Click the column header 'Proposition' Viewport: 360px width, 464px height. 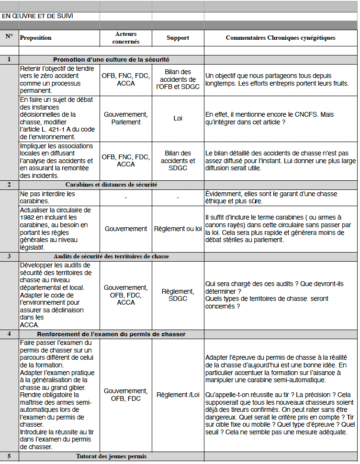pyautogui.click(x=36, y=38)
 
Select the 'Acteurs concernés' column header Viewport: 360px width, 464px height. pyautogui.click(x=126, y=38)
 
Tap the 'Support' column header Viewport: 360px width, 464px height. pyautogui.click(x=178, y=38)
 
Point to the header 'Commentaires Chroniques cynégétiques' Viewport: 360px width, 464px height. pyautogui.click(x=281, y=38)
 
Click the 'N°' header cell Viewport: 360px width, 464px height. pyautogui.click(x=9, y=36)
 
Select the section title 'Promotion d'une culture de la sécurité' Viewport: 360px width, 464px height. pyautogui.click(x=111, y=60)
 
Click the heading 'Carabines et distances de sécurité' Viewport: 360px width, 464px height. pyautogui.click(x=111, y=185)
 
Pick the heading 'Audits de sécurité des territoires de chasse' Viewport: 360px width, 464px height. pyautogui.click(x=111, y=257)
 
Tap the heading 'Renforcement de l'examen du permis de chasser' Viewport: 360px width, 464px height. pyautogui.click(x=111, y=334)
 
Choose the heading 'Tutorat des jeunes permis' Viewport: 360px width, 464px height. pyautogui.click(x=111, y=456)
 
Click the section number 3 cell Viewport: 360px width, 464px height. pyautogui.click(x=9, y=257)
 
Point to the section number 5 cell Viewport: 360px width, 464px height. pyautogui.click(x=9, y=456)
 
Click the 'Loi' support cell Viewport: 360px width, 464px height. pyautogui.click(x=178, y=118)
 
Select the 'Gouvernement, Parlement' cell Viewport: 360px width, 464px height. pyautogui.click(x=126, y=118)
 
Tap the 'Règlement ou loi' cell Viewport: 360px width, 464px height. pyautogui.click(x=178, y=229)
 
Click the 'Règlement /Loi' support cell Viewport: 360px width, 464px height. pyautogui.click(x=178, y=395)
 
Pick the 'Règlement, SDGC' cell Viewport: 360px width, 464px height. pyautogui.click(x=178, y=295)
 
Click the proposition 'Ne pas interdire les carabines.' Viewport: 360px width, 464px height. pyautogui.click(x=47, y=197)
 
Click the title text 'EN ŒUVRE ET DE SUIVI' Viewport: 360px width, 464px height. pyautogui.click(x=37, y=16)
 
